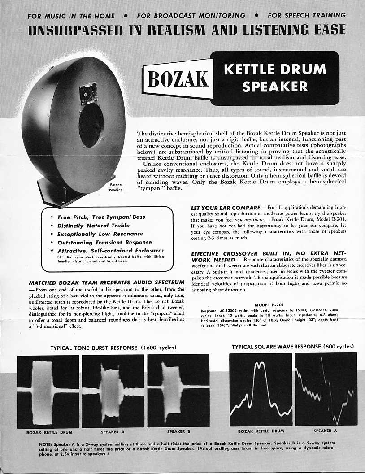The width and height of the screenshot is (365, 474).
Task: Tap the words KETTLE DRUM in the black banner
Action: click(274, 70)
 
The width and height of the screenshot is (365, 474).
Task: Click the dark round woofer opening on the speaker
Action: click(91, 126)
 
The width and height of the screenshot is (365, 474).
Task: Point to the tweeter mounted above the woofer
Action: click(88, 94)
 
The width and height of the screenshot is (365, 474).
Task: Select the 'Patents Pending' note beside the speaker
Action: click(116, 187)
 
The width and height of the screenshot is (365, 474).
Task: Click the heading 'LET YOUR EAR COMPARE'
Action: click(226, 207)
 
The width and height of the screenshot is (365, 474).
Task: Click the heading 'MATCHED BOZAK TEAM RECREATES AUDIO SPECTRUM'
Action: click(106, 283)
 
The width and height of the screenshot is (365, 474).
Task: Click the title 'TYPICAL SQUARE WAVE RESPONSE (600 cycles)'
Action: click(293, 347)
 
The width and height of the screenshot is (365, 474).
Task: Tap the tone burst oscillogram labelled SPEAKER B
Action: click(178, 391)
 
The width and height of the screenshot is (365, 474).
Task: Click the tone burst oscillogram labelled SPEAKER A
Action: click(113, 391)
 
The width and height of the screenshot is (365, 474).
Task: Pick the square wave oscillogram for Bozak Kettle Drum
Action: click(261, 390)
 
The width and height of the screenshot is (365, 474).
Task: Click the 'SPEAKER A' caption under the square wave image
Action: click(325, 431)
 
